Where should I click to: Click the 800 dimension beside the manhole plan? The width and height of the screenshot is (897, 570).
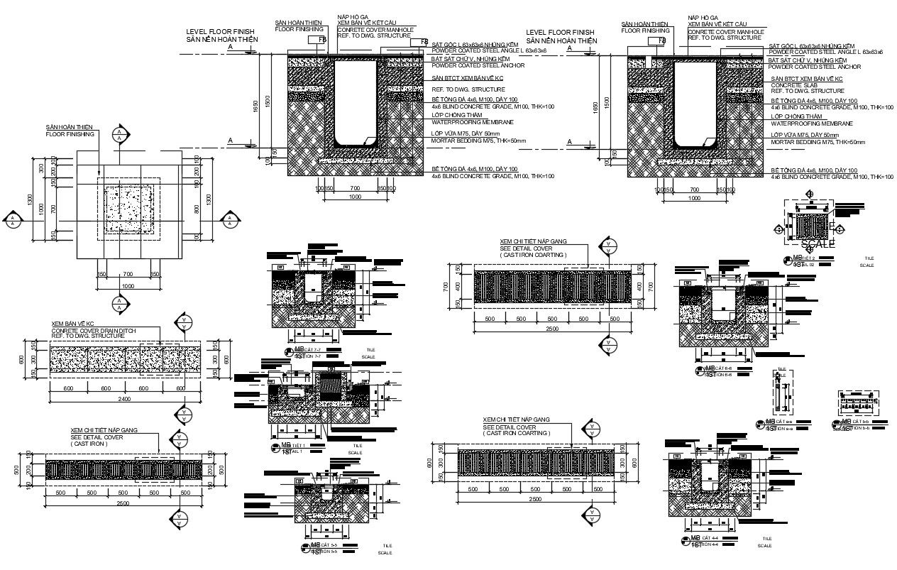tap(197, 209)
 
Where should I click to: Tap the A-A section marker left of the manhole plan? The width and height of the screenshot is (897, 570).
tap(13, 221)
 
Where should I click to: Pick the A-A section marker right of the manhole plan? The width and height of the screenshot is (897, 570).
tap(230, 221)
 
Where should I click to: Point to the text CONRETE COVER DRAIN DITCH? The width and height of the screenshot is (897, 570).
tap(94, 331)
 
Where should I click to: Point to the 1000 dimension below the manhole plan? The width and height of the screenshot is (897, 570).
tap(128, 285)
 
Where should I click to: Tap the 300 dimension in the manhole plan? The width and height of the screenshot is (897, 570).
tap(43, 169)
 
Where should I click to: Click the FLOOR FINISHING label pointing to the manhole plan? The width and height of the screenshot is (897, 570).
tap(70, 133)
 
